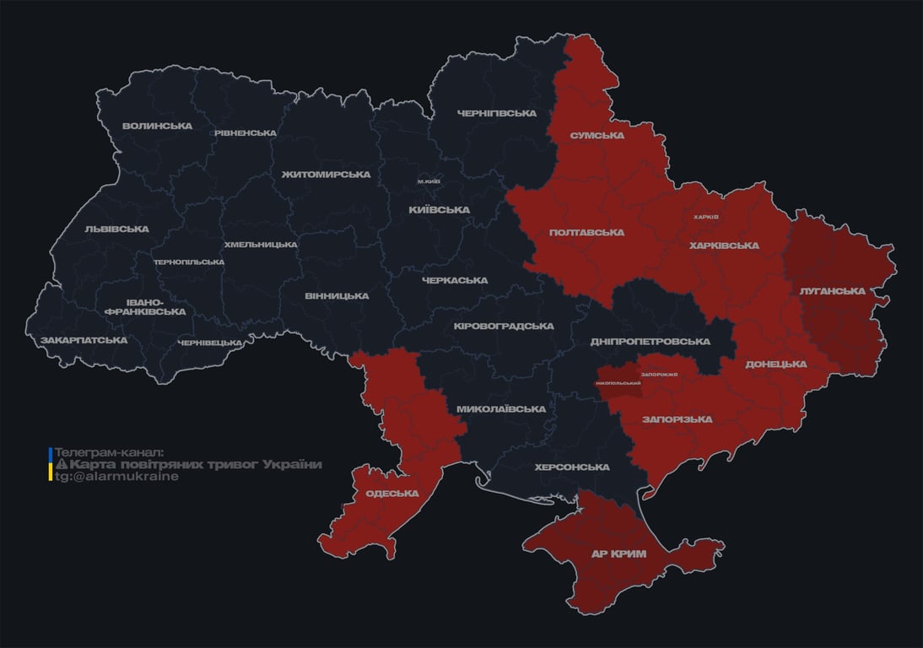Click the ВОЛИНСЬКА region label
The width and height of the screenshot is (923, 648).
click(x=157, y=127)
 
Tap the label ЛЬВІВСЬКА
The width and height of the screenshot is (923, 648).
click(x=116, y=229)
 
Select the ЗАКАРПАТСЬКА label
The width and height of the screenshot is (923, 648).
click(x=84, y=341)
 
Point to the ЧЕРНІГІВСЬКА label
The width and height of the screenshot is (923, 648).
click(x=497, y=114)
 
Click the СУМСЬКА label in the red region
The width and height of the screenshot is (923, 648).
click(x=596, y=136)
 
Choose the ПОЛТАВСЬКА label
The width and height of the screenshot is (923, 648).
click(x=586, y=233)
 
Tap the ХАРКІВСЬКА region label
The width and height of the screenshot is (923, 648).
click(x=724, y=246)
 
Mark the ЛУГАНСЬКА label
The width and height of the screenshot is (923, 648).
click(x=832, y=291)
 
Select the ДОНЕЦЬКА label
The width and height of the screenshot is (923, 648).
click(x=775, y=364)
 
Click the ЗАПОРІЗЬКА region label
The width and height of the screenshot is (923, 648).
click(x=677, y=419)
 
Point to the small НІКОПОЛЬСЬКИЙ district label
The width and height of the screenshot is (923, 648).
click(x=618, y=383)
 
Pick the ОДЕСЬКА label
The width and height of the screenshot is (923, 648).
click(x=392, y=494)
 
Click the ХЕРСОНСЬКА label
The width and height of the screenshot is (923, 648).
click(x=572, y=467)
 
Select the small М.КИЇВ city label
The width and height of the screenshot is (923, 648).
click(x=429, y=181)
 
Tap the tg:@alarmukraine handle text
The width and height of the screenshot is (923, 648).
click(x=116, y=477)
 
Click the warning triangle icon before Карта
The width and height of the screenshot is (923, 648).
click(x=62, y=465)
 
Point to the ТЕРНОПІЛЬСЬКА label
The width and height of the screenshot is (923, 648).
click(x=189, y=262)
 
